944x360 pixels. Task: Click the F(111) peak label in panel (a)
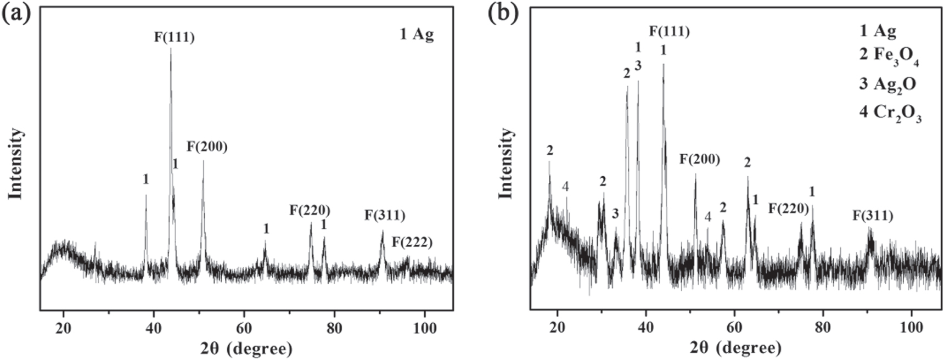coord(174,37)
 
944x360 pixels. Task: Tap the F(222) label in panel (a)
coord(412,242)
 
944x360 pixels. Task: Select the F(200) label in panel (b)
coord(699,160)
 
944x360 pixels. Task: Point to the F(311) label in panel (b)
coord(873,216)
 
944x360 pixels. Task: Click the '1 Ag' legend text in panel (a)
coord(417,34)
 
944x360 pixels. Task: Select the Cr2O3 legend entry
coord(890,113)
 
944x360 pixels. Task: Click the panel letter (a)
coord(15,13)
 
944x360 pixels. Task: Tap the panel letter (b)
coord(503,13)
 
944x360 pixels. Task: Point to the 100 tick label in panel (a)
coord(424,328)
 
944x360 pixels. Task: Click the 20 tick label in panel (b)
coord(558,328)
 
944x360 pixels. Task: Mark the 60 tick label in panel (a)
coord(244,328)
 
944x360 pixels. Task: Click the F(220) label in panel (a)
coord(310,210)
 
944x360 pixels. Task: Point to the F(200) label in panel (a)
coord(207,147)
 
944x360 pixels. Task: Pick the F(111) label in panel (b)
coord(669,31)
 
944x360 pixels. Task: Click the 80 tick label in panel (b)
coord(822,328)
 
